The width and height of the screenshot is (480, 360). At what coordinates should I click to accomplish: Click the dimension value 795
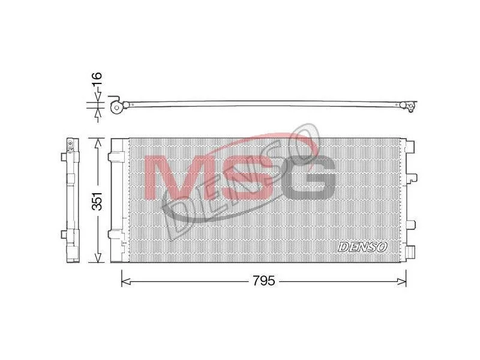(x=264, y=280)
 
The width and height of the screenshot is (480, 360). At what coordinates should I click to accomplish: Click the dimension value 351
(x=98, y=202)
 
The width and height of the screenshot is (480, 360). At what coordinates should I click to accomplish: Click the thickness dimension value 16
(x=97, y=80)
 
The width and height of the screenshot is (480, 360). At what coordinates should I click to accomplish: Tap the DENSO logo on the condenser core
(x=363, y=247)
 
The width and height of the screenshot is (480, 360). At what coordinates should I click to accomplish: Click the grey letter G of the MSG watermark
(x=307, y=177)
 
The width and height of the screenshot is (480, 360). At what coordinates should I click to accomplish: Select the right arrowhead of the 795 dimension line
(x=401, y=281)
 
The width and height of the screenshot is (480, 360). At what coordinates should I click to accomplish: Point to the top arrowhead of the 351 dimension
(x=98, y=143)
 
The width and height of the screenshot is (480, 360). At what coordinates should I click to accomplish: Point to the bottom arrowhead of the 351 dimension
(x=98, y=257)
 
